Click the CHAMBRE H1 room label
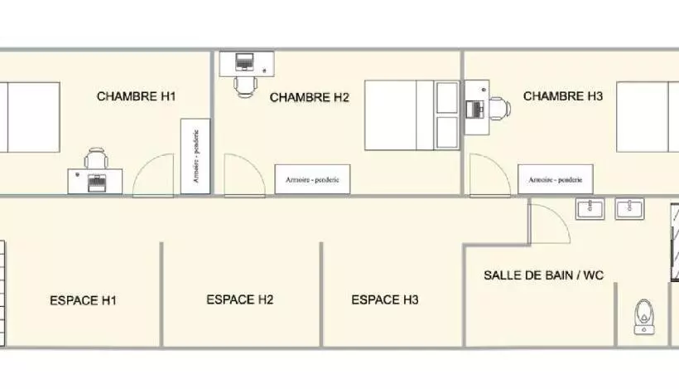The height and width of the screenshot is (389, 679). (x=137, y=96)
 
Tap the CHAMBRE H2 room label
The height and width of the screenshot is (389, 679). (x=310, y=98)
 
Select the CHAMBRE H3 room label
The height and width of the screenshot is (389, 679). (x=563, y=96)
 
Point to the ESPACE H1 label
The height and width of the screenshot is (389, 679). (x=83, y=300)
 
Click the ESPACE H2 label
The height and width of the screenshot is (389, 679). (x=240, y=299)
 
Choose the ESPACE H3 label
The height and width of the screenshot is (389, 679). (x=385, y=299)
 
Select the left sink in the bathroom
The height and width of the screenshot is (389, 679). (x=590, y=208)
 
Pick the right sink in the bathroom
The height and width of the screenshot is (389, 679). (x=631, y=208)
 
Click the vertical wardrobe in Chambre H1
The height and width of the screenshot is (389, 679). (x=195, y=156)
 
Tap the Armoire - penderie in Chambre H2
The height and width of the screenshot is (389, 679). (x=313, y=178)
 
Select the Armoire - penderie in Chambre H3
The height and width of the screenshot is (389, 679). (x=556, y=178)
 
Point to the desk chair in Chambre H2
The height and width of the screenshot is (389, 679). (x=246, y=85)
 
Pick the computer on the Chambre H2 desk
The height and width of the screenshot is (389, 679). (x=245, y=61)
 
